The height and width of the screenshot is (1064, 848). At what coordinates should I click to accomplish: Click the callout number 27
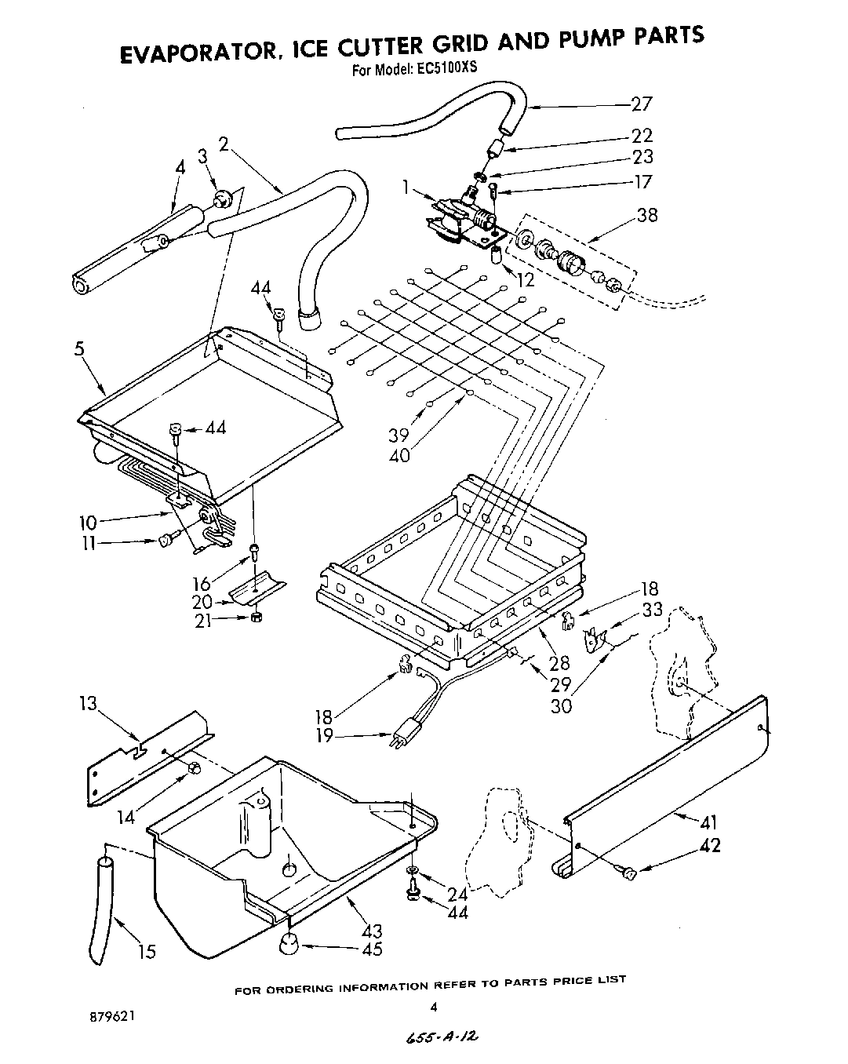[x=641, y=104]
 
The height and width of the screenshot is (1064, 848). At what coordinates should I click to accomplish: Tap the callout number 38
[x=646, y=214]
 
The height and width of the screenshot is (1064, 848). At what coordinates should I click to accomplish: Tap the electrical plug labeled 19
[x=405, y=736]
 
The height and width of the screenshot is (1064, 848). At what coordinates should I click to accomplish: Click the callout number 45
[x=373, y=949]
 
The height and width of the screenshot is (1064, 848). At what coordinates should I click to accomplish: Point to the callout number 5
[x=79, y=349]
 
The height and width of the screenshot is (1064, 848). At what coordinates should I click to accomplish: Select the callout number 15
[x=146, y=951]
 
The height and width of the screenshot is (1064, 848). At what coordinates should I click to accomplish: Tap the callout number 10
[x=88, y=521]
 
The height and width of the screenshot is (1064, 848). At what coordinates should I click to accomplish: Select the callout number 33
[x=652, y=609]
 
